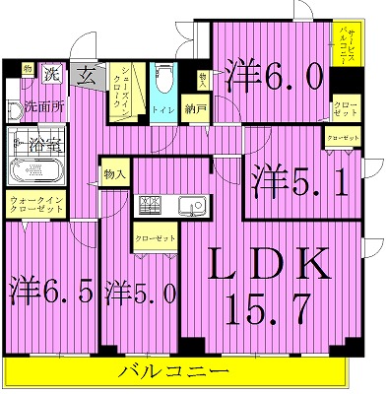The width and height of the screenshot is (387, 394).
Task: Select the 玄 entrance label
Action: pyautogui.click(x=88, y=75)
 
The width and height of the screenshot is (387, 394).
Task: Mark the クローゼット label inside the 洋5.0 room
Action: pyautogui.click(x=152, y=238)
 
